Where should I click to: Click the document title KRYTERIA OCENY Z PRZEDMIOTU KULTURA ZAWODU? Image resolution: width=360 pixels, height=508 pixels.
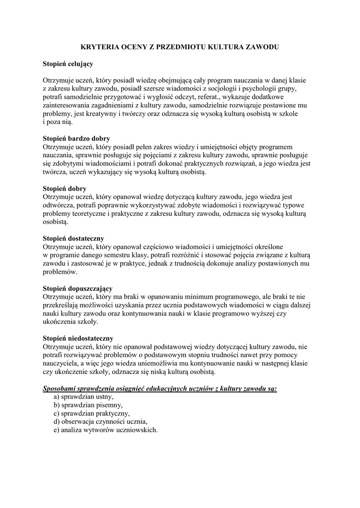[x=180, y=47]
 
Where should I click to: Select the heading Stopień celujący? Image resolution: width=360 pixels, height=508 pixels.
[x=68, y=64]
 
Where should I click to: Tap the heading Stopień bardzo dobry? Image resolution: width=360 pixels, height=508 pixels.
[x=76, y=138]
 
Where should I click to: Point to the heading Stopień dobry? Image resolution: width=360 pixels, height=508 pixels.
[x=65, y=189]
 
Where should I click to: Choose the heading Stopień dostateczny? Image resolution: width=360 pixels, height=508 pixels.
[x=73, y=239]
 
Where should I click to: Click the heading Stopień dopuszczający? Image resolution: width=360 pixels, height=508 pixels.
[x=77, y=288]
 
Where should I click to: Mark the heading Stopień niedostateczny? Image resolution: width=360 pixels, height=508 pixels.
[x=78, y=338]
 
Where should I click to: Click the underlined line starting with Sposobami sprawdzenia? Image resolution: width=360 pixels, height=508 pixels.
[x=159, y=388]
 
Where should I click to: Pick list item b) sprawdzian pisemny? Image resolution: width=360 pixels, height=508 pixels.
[x=88, y=405]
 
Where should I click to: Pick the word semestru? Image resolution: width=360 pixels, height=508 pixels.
[x=129, y=255]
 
